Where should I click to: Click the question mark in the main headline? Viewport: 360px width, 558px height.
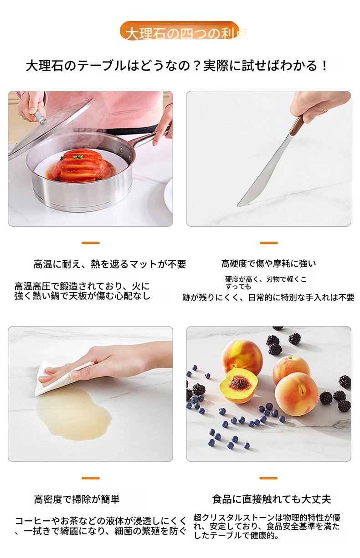pyautogui.click(x=197, y=66)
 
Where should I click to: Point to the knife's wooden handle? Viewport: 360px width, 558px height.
pyautogui.click(x=298, y=125)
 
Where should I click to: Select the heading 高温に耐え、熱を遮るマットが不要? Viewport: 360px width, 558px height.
pyautogui.click(x=110, y=264)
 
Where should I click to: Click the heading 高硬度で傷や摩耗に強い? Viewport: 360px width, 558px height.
pyautogui.click(x=268, y=263)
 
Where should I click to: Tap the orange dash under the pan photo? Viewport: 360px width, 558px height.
pyautogui.click(x=91, y=243)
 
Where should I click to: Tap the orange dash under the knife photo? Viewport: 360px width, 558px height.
pyautogui.click(x=269, y=243)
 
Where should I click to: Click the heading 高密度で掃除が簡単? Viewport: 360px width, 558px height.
pyautogui.click(x=77, y=499)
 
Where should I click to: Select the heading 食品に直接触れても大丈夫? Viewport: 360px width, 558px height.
pyautogui.click(x=272, y=499)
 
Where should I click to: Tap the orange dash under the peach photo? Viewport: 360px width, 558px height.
pyautogui.click(x=268, y=478)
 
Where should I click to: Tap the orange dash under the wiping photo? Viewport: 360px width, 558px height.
pyautogui.click(x=91, y=478)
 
